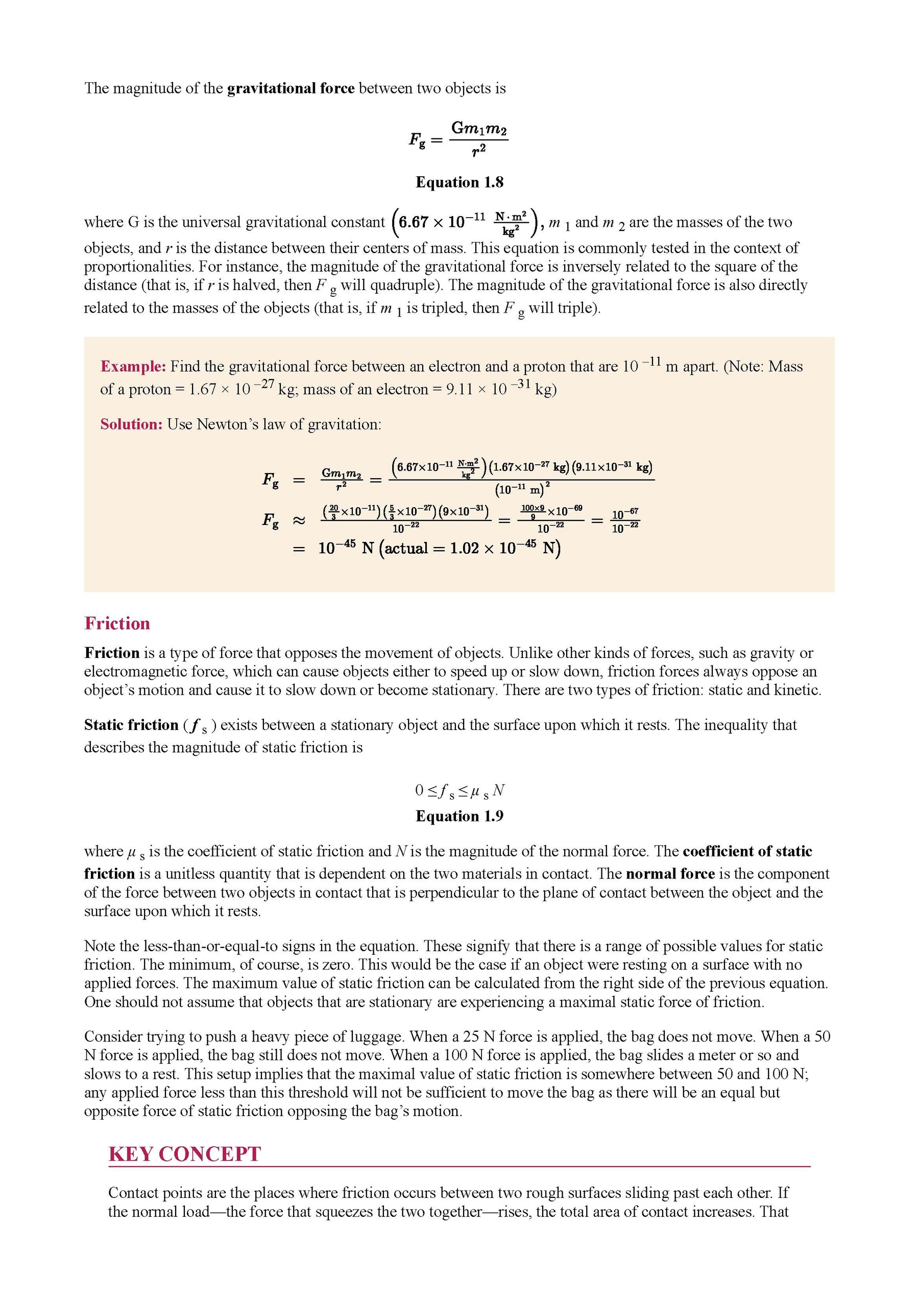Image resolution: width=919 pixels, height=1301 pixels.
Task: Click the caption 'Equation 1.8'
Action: tap(459, 182)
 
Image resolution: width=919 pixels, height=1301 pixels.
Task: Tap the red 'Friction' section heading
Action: tap(117, 623)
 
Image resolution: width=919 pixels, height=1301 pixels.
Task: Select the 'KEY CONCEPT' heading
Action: tap(185, 1154)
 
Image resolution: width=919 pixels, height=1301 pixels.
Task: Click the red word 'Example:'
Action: tap(133, 367)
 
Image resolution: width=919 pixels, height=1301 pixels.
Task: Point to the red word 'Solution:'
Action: tap(131, 424)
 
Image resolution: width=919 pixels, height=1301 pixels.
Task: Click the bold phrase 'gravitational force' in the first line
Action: tap(291, 88)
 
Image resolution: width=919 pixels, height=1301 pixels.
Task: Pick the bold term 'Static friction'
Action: tap(131, 725)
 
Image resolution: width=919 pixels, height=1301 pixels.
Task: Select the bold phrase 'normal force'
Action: tap(670, 874)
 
